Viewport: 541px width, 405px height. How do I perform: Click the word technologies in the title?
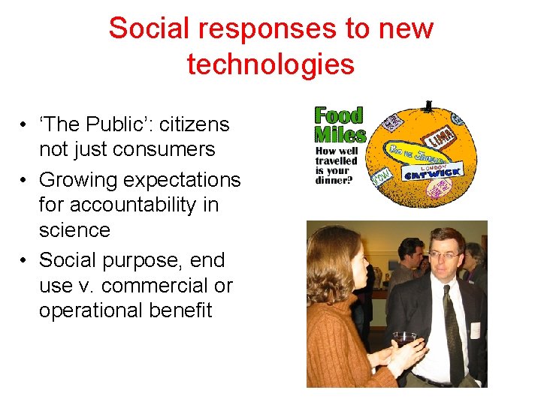coord(270,64)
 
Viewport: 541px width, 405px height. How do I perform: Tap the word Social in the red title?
coord(144,28)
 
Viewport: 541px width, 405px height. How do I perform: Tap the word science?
coord(74,230)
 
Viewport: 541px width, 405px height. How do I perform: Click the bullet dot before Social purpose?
coord(25,260)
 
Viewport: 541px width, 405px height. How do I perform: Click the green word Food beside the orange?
coord(338,115)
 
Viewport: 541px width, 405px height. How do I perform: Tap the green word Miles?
coord(340,135)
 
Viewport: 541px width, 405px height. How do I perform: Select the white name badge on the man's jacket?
coord(475,330)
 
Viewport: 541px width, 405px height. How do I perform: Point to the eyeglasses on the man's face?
coord(445,256)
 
